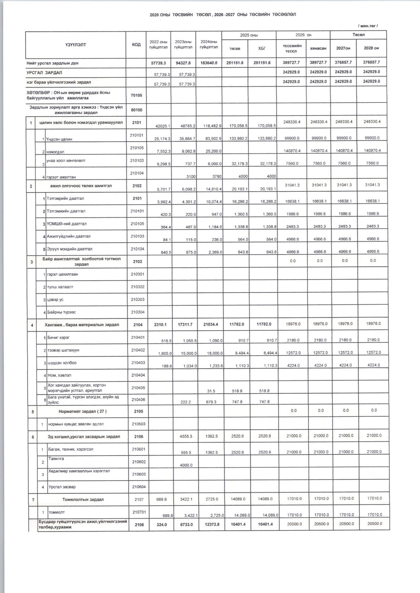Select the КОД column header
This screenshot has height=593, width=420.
pyautogui.click(x=136, y=45)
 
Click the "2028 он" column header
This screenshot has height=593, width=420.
pyautogui.click(x=371, y=48)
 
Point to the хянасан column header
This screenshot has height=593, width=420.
pyautogui.click(x=318, y=48)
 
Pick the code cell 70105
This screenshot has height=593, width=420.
pyautogui.click(x=136, y=95)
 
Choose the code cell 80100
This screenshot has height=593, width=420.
pyautogui.click(x=136, y=110)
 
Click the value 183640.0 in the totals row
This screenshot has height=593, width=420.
pyautogui.click(x=209, y=63)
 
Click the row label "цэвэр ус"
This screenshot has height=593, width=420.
pyautogui.click(x=55, y=300)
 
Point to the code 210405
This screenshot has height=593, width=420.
pyautogui.click(x=138, y=388)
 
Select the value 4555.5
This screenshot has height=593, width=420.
pyautogui.click(x=186, y=436)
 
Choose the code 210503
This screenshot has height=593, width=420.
pyautogui.click(x=138, y=424)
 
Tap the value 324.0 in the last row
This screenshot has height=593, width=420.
pyautogui.click(x=159, y=524)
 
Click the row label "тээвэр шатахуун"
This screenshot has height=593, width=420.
pyautogui.click(x=63, y=350)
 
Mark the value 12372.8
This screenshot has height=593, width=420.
pyautogui.click(x=211, y=524)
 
